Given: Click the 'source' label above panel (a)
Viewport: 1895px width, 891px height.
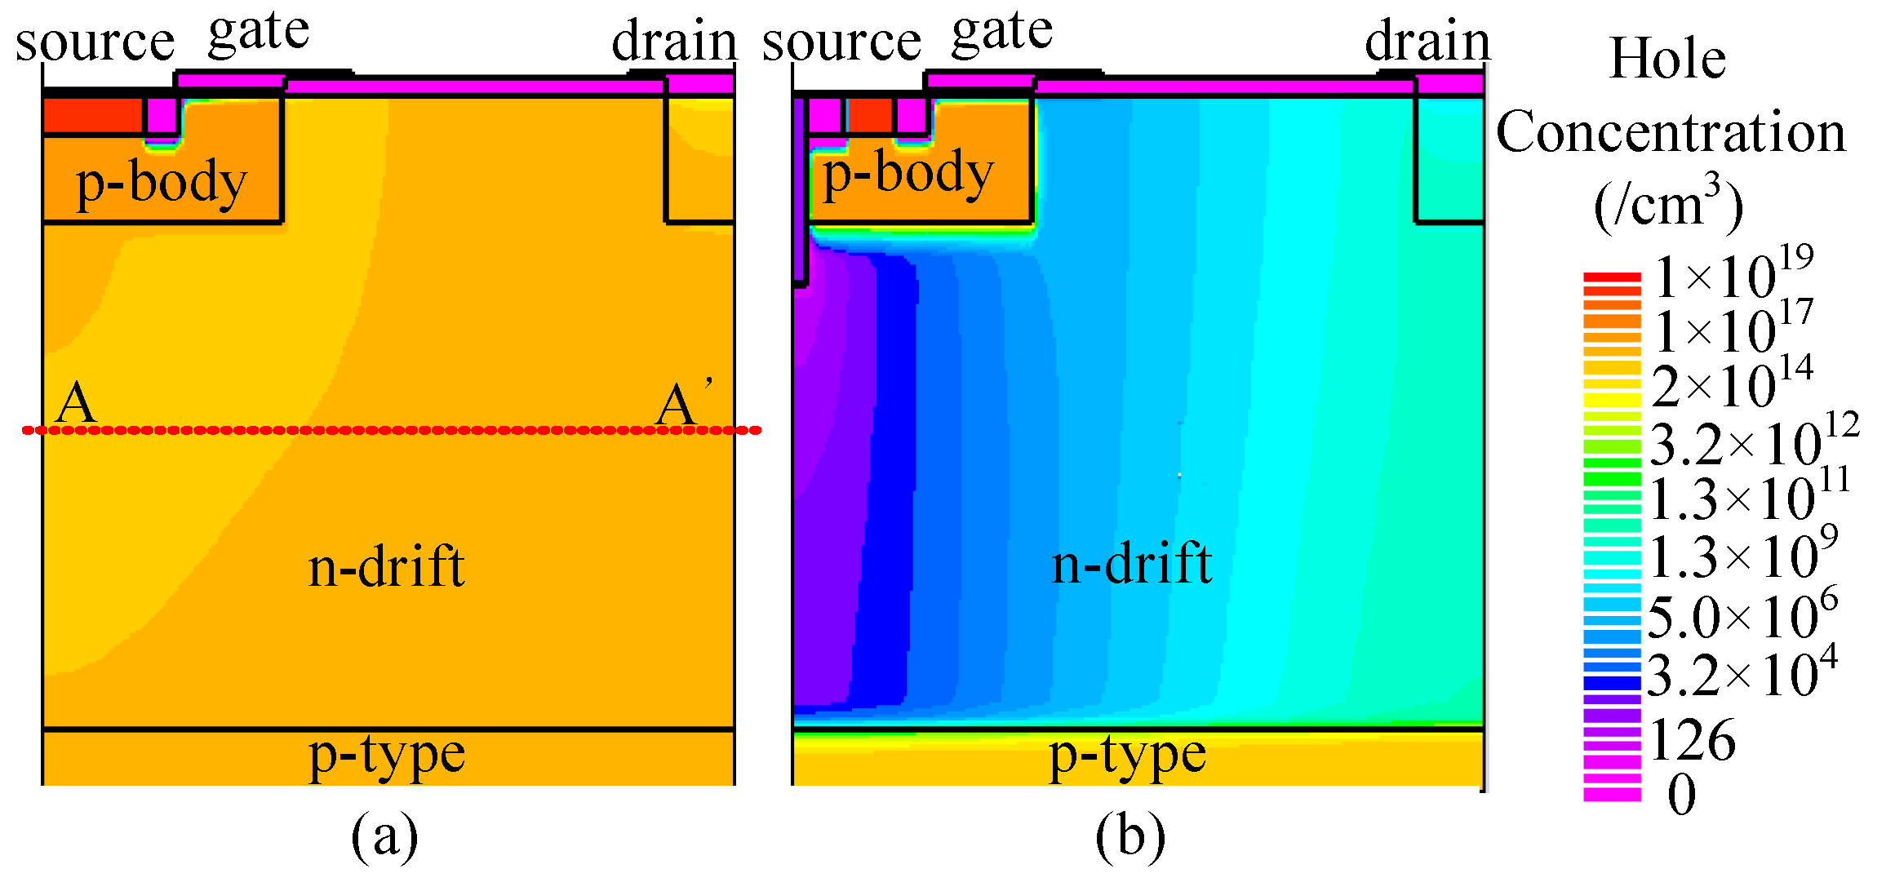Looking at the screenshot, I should (95, 42).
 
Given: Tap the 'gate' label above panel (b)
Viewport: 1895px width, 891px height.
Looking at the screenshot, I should (1002, 33).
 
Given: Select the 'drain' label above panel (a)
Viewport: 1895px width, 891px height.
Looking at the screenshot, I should (674, 41).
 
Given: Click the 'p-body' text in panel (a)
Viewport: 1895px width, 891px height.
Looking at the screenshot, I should (162, 183).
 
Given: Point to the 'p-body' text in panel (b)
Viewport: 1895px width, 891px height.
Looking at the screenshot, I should (908, 174).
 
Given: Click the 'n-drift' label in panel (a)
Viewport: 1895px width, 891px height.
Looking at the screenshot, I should (386, 566).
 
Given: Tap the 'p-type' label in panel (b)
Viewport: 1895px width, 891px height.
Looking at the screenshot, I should (1127, 755).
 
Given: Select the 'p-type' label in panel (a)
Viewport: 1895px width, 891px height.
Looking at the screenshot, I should (387, 755).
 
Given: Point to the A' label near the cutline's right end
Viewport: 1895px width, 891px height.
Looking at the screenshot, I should (682, 404).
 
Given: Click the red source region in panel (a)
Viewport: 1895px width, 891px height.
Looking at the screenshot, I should (92, 115).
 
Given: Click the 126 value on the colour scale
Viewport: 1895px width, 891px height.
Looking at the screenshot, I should (1693, 741).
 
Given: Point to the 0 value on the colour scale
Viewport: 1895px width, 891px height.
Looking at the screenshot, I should (1681, 794).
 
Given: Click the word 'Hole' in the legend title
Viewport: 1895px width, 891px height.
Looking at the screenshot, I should (1667, 59).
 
